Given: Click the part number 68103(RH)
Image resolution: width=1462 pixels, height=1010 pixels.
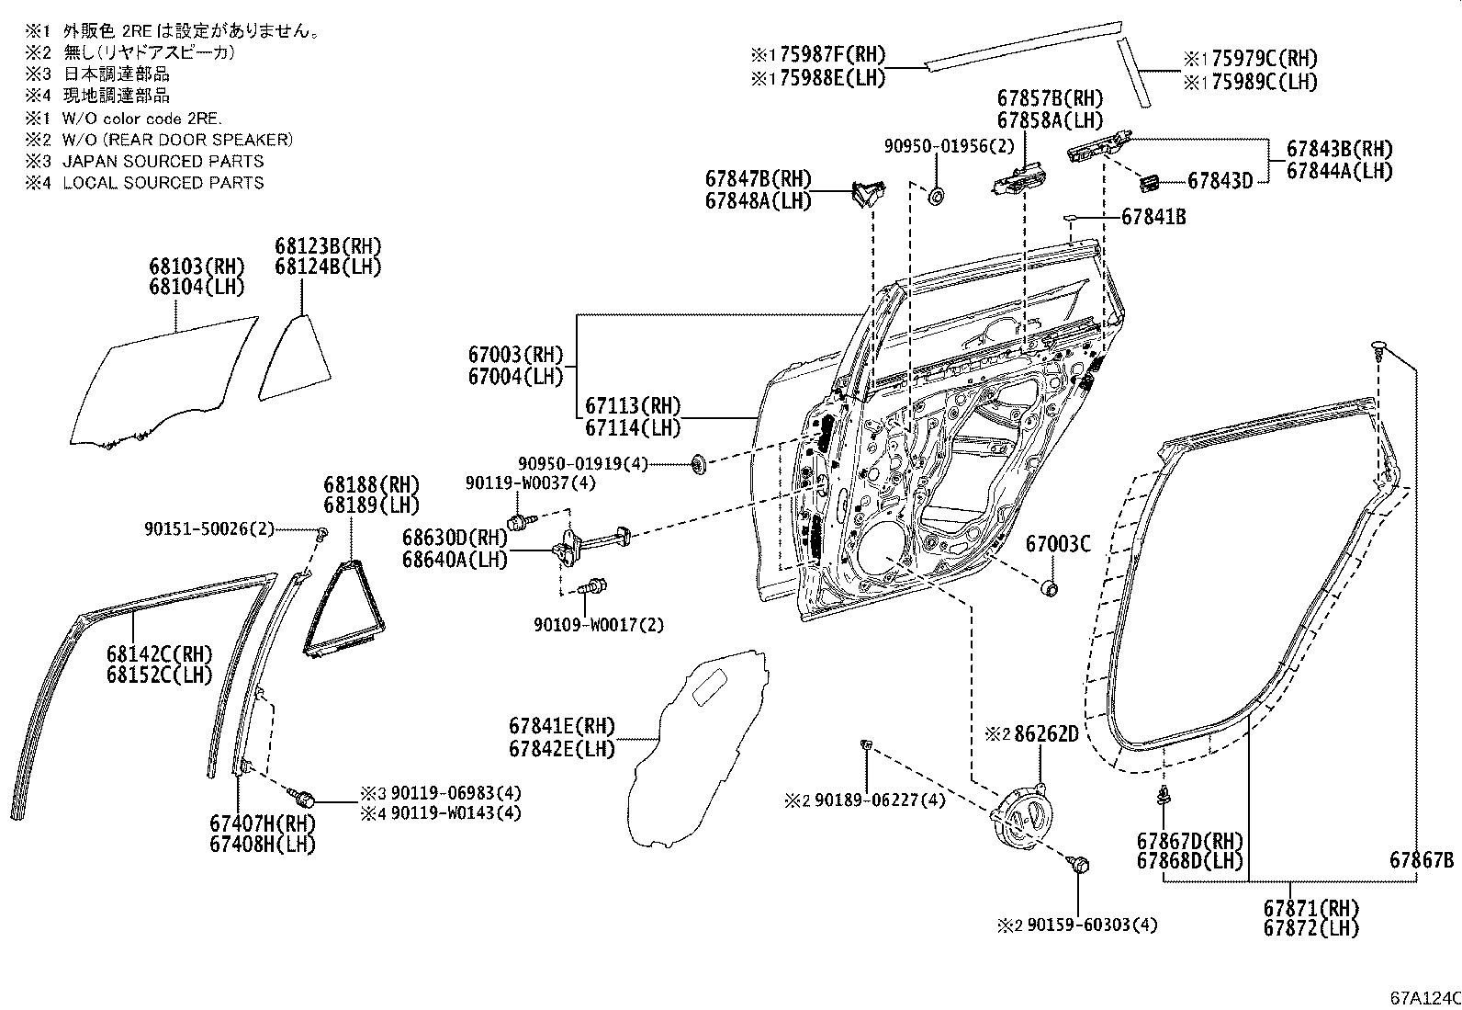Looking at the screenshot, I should point(197,267).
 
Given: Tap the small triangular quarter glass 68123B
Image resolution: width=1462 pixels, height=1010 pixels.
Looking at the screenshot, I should point(297,358).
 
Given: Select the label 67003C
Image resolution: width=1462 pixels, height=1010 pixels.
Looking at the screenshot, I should point(1057,544).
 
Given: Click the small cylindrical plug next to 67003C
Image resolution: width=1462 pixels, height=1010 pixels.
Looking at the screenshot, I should point(1051,587).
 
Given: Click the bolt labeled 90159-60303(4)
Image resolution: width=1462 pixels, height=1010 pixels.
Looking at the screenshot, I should point(1080,864).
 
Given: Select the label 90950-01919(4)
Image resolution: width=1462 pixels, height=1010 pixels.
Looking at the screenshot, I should point(595,465).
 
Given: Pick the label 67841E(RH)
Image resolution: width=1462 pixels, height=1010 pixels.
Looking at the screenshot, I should point(562,727).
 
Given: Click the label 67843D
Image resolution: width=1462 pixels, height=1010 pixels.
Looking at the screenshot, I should point(1220,181).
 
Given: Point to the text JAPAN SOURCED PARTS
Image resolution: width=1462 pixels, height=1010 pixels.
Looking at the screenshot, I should point(163,161).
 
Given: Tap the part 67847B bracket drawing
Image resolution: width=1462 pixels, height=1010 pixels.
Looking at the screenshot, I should point(866,192).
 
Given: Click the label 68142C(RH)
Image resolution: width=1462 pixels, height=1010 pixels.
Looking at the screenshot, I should point(158,654).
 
